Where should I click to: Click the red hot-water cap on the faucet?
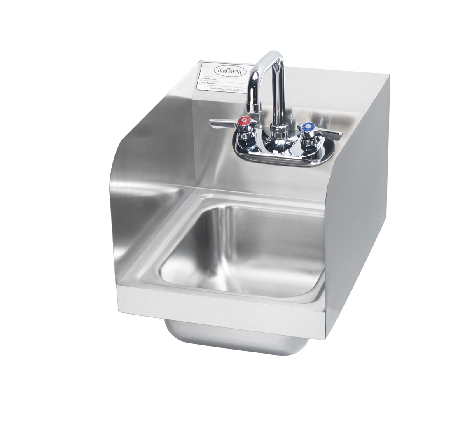pyautogui.click(x=244, y=121)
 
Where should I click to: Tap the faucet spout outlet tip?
pyautogui.click(x=254, y=109)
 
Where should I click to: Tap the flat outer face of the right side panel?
pyautogui.click(x=358, y=206)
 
